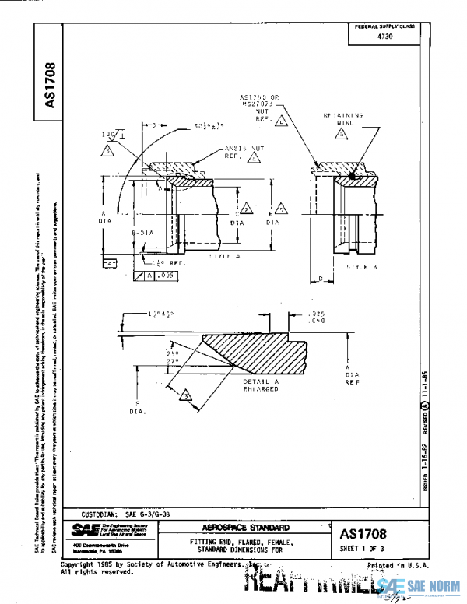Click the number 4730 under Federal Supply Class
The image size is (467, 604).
384,37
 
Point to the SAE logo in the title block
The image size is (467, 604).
84,528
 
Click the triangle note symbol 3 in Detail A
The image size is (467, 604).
185,395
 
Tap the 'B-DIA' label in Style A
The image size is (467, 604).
142,233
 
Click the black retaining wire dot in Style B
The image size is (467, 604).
352,176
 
